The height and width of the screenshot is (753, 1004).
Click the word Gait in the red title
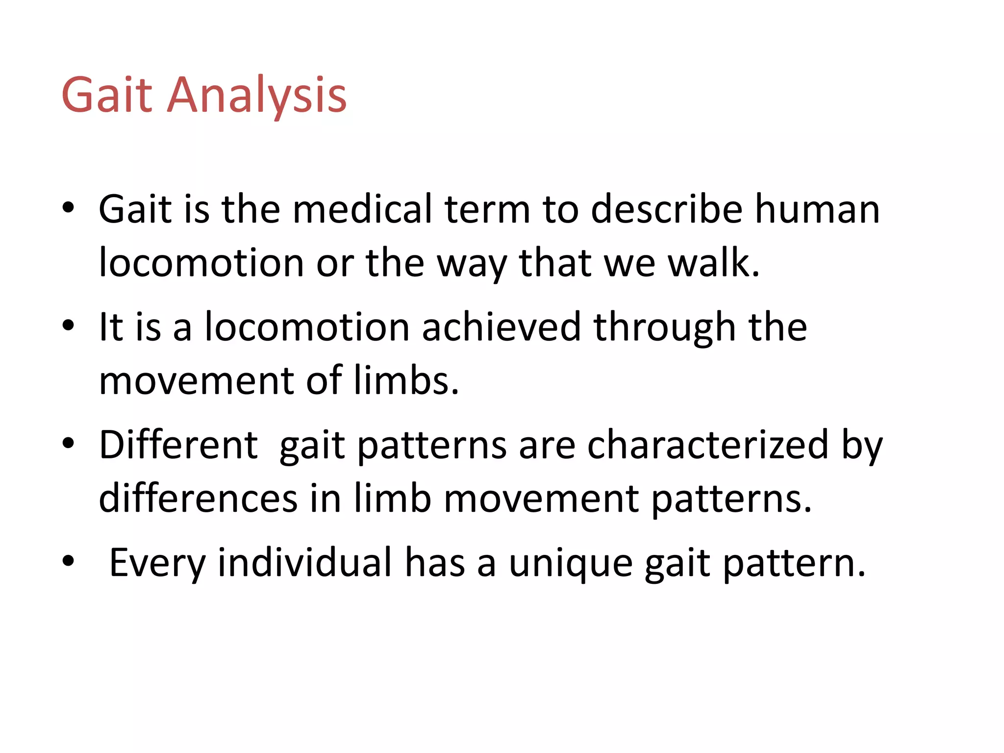pyautogui.click(x=107, y=95)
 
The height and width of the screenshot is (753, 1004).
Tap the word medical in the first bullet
pyautogui.click(x=362, y=209)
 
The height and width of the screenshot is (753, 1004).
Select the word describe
pyautogui.click(x=667, y=209)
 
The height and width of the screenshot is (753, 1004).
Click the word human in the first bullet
pyautogui.click(x=817, y=209)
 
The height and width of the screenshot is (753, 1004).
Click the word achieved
pyautogui.click(x=501, y=327)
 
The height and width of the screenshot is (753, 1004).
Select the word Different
pyautogui.click(x=178, y=445)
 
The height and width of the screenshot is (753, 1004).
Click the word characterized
pyautogui.click(x=707, y=445)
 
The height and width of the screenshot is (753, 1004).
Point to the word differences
pyautogui.click(x=198, y=499)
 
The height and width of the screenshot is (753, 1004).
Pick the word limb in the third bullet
pyautogui.click(x=392, y=499)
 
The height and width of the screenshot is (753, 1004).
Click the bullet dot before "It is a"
pyautogui.click(x=68, y=326)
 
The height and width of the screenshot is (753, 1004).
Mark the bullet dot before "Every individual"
pyautogui.click(x=68, y=561)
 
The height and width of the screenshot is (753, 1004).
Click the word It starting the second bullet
pyautogui.click(x=110, y=327)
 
